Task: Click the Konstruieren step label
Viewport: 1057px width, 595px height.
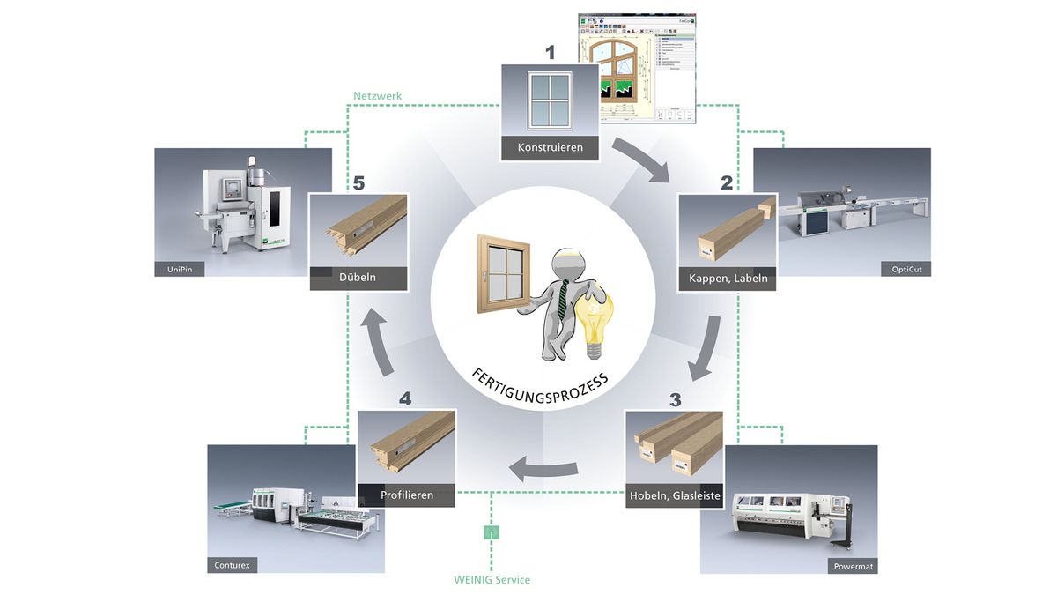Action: tap(551, 147)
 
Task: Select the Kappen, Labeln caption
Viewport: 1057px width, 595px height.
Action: tap(728, 279)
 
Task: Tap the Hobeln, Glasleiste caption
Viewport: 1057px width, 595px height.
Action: tap(676, 495)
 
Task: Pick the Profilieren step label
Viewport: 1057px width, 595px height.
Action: tap(407, 495)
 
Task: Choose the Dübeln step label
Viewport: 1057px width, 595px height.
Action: tap(358, 278)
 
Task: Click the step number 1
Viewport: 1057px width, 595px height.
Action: tap(551, 53)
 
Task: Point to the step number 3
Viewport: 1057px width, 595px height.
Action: tap(675, 399)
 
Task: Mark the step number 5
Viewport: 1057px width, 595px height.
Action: tap(358, 184)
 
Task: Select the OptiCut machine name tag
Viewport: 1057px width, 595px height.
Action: tap(905, 269)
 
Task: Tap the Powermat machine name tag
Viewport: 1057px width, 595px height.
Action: tap(853, 566)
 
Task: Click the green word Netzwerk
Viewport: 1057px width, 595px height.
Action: tap(377, 94)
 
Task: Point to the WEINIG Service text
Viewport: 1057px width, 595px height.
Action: tap(492, 579)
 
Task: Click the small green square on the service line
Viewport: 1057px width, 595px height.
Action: tap(492, 532)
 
